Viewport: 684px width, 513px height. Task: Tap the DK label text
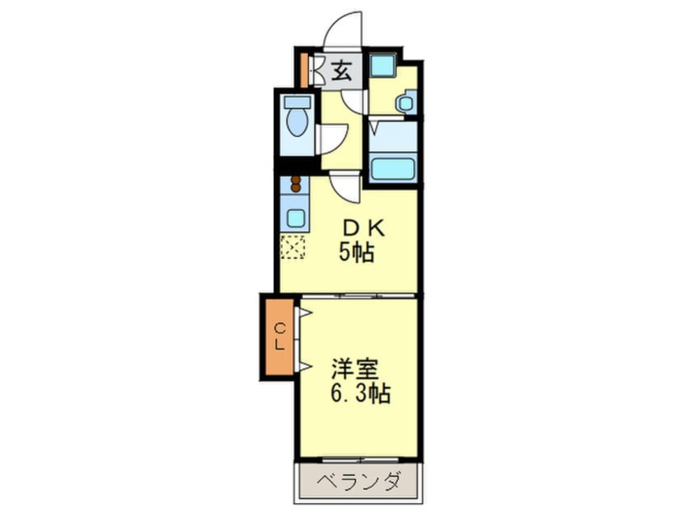tap(363, 228)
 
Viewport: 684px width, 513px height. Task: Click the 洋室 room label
tap(354, 369)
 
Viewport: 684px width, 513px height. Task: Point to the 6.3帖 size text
tap(361, 393)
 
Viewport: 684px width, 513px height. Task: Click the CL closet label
tap(280, 337)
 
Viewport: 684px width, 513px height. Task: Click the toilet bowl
tap(297, 122)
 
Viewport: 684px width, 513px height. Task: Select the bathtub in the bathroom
tap(393, 169)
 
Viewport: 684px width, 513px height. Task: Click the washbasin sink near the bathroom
tap(406, 103)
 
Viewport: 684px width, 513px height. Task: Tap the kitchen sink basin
tap(295, 218)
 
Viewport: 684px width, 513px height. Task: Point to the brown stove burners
tap(296, 184)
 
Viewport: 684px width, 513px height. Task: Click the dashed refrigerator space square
tap(293, 247)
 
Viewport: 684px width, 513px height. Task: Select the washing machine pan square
tap(382, 66)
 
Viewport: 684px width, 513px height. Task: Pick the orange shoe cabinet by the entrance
tap(304, 70)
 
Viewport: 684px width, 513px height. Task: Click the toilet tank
tap(297, 102)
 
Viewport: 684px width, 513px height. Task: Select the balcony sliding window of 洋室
tap(360, 460)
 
